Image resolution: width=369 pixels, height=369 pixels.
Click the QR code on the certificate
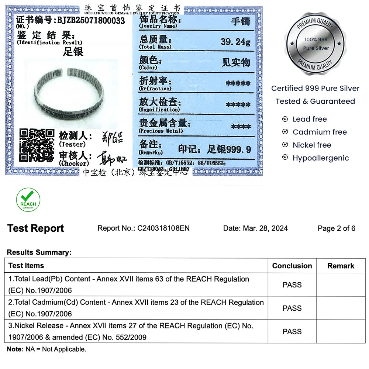pyautogui.click(x=37, y=145)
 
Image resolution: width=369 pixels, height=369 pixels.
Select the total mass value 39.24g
pyautogui.click(x=235, y=42)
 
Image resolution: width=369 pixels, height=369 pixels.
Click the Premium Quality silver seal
pyautogui.click(x=315, y=44)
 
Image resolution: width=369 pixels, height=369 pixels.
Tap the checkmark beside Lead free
pyautogui.click(x=285, y=119)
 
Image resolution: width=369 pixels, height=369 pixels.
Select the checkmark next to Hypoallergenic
pyautogui.click(x=285, y=158)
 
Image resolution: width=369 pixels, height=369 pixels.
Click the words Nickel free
pyautogui.click(x=312, y=145)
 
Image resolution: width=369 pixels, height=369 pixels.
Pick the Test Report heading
pyautogui.click(x=35, y=228)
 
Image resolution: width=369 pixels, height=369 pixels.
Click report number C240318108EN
pyautogui.click(x=163, y=228)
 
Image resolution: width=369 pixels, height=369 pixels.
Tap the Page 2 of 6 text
pyautogui.click(x=336, y=228)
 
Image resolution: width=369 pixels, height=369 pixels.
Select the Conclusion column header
pyautogui.click(x=292, y=266)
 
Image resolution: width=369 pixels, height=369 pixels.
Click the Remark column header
pyautogui.click(x=341, y=266)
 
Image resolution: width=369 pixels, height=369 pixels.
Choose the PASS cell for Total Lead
pyautogui.click(x=292, y=285)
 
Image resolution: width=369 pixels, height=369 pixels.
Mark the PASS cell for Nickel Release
pyautogui.click(x=292, y=332)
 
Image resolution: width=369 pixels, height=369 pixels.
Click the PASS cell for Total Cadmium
pyautogui.click(x=292, y=308)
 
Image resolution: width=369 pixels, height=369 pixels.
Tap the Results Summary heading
pyautogui.click(x=39, y=253)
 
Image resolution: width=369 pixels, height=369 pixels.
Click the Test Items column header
pyautogui.click(x=26, y=266)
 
